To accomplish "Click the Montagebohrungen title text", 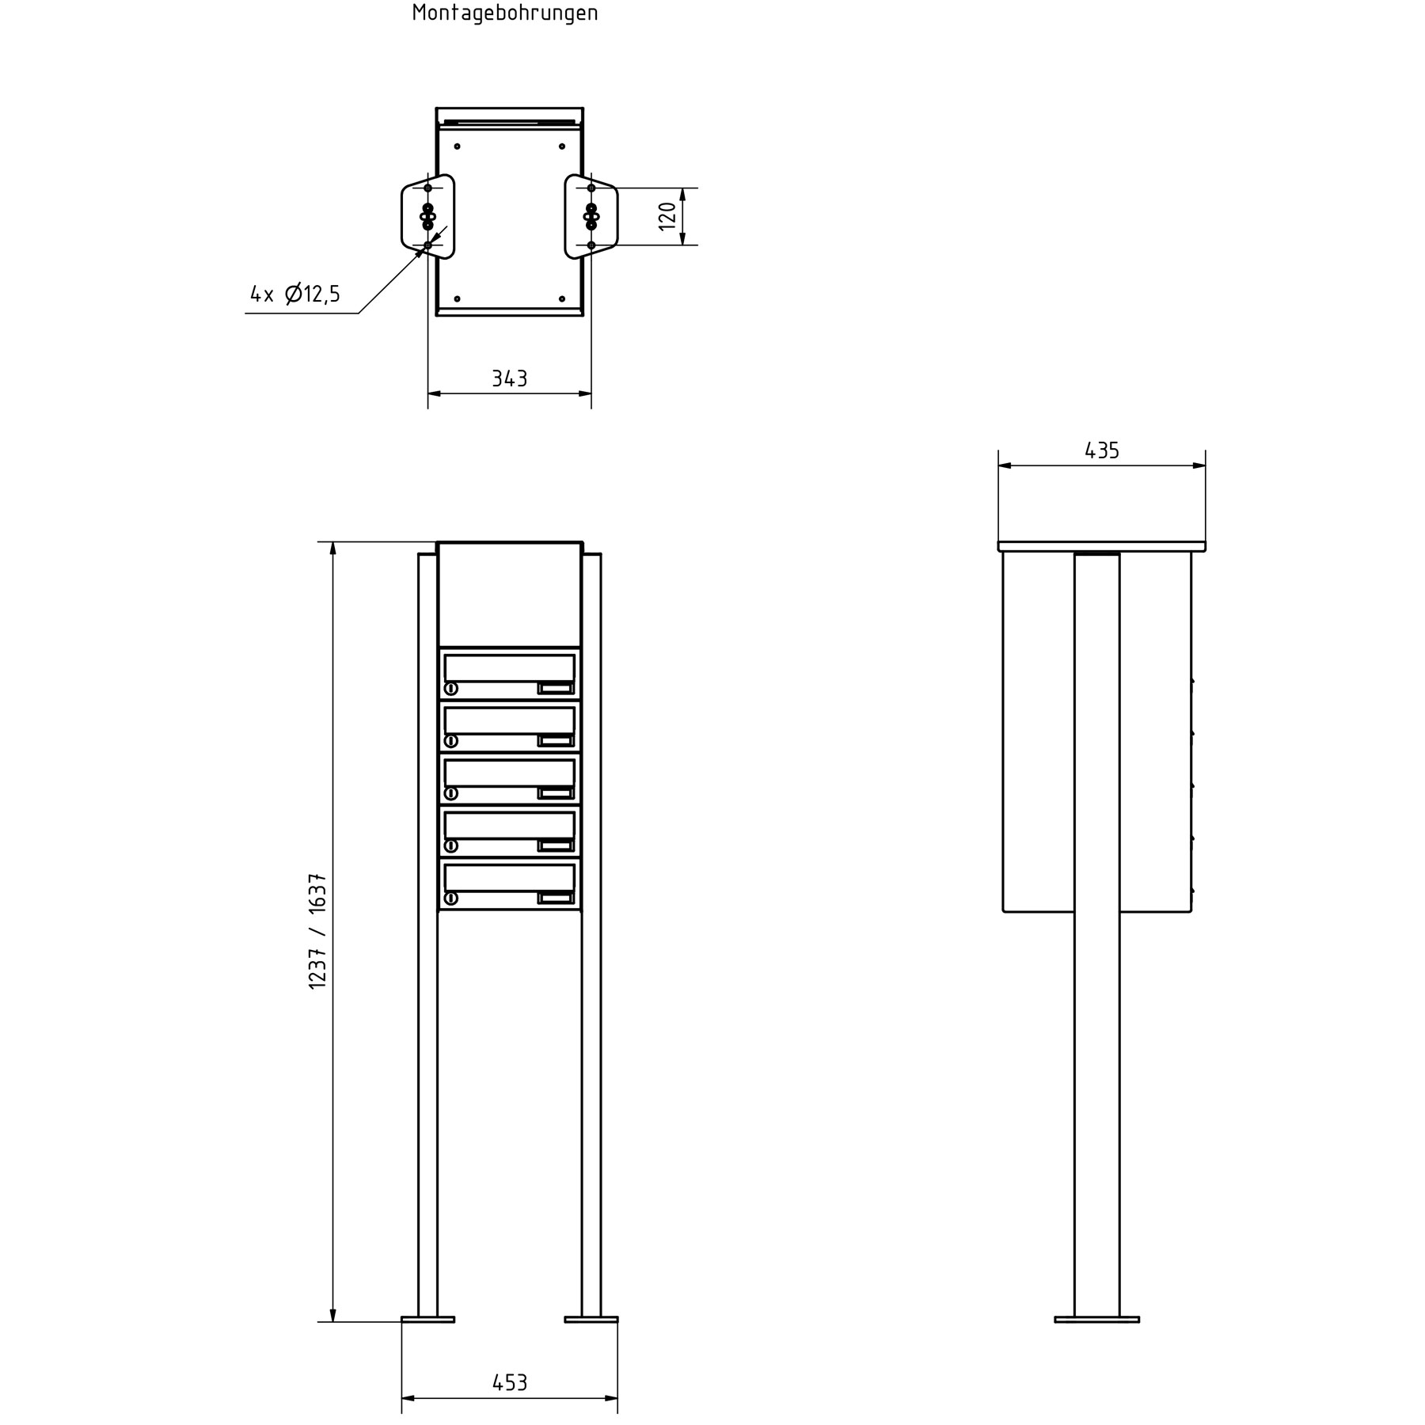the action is (505, 13).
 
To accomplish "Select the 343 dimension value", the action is (509, 379).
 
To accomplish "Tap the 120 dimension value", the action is (667, 216).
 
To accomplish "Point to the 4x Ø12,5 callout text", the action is (295, 294).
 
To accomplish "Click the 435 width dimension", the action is (1101, 450).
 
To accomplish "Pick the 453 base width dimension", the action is (509, 1383).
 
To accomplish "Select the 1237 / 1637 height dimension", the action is (318, 931).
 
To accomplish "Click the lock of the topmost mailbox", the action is (451, 688).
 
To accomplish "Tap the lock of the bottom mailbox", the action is (451, 898).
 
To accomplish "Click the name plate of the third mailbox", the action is (556, 793).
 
